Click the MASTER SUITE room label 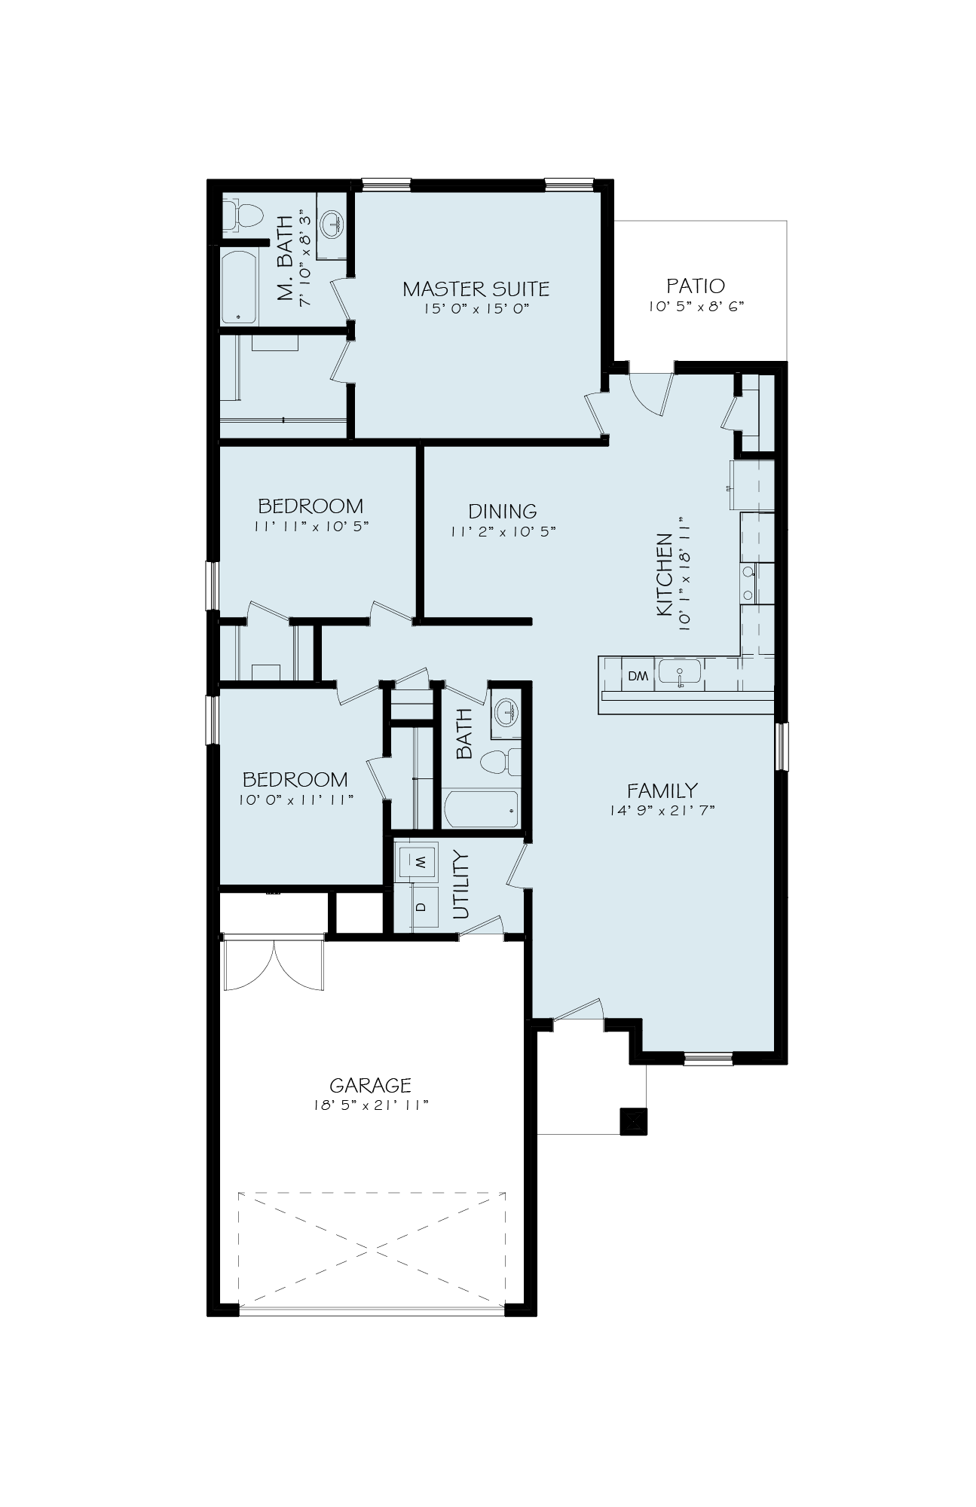(476, 289)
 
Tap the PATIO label (696, 286)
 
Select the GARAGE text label (370, 1085)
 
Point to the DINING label (503, 511)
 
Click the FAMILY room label (662, 790)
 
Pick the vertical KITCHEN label (664, 575)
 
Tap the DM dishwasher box (638, 676)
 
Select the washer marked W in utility (417, 860)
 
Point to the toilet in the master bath (243, 213)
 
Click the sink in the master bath (330, 222)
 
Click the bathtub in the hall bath (482, 810)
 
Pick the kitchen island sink (679, 671)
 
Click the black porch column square (633, 1122)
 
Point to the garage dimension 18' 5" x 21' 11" (370, 1105)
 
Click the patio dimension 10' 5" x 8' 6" (696, 307)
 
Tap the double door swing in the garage (274, 965)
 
